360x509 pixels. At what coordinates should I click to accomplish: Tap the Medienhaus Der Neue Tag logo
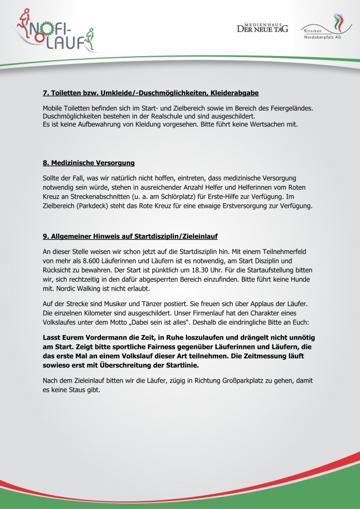click(262, 28)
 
